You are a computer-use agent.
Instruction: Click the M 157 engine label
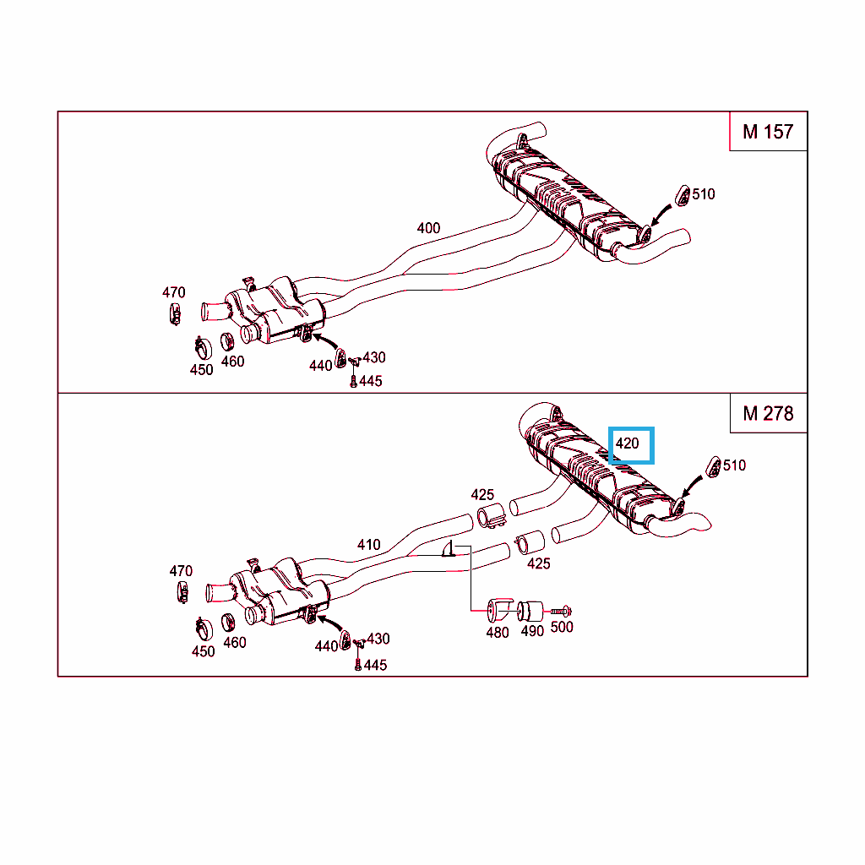pyautogui.click(x=767, y=132)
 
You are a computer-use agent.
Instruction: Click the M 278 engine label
pyautogui.click(x=767, y=414)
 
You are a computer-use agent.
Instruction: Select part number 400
pyautogui.click(x=428, y=228)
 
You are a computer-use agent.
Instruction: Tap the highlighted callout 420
pyautogui.click(x=628, y=443)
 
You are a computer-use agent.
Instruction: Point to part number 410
pyautogui.click(x=368, y=545)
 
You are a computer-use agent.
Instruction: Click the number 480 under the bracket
pyautogui.click(x=497, y=633)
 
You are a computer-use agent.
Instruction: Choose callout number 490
pyautogui.click(x=532, y=631)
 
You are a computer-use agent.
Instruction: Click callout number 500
pyautogui.click(x=562, y=628)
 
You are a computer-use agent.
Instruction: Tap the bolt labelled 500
pyautogui.click(x=561, y=611)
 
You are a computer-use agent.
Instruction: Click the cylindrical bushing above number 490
pyautogui.click(x=530, y=612)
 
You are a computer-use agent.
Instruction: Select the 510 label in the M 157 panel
pyautogui.click(x=704, y=194)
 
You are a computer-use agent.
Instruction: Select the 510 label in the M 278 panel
pyautogui.click(x=734, y=465)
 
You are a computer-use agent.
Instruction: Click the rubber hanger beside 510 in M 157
pyautogui.click(x=683, y=196)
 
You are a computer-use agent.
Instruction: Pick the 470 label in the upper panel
pyautogui.click(x=173, y=292)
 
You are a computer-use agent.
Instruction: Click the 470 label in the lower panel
pyautogui.click(x=181, y=571)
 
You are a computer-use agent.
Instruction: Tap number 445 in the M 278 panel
pyautogui.click(x=375, y=666)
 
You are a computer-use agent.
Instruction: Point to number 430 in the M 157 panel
pyautogui.click(x=374, y=357)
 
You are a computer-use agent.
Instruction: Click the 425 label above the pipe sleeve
pyautogui.click(x=482, y=495)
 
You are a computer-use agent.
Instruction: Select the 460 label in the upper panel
pyautogui.click(x=232, y=362)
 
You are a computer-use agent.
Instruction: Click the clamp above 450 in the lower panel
pyautogui.click(x=204, y=628)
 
